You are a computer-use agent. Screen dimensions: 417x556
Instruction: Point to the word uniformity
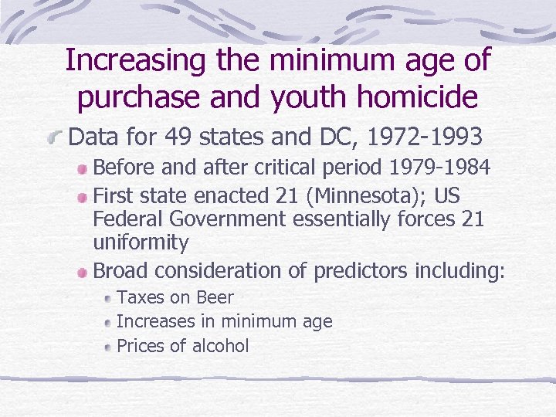[141, 242]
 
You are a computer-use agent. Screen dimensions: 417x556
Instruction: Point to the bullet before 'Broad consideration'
[83, 272]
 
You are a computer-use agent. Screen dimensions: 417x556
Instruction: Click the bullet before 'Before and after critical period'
[83, 168]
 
